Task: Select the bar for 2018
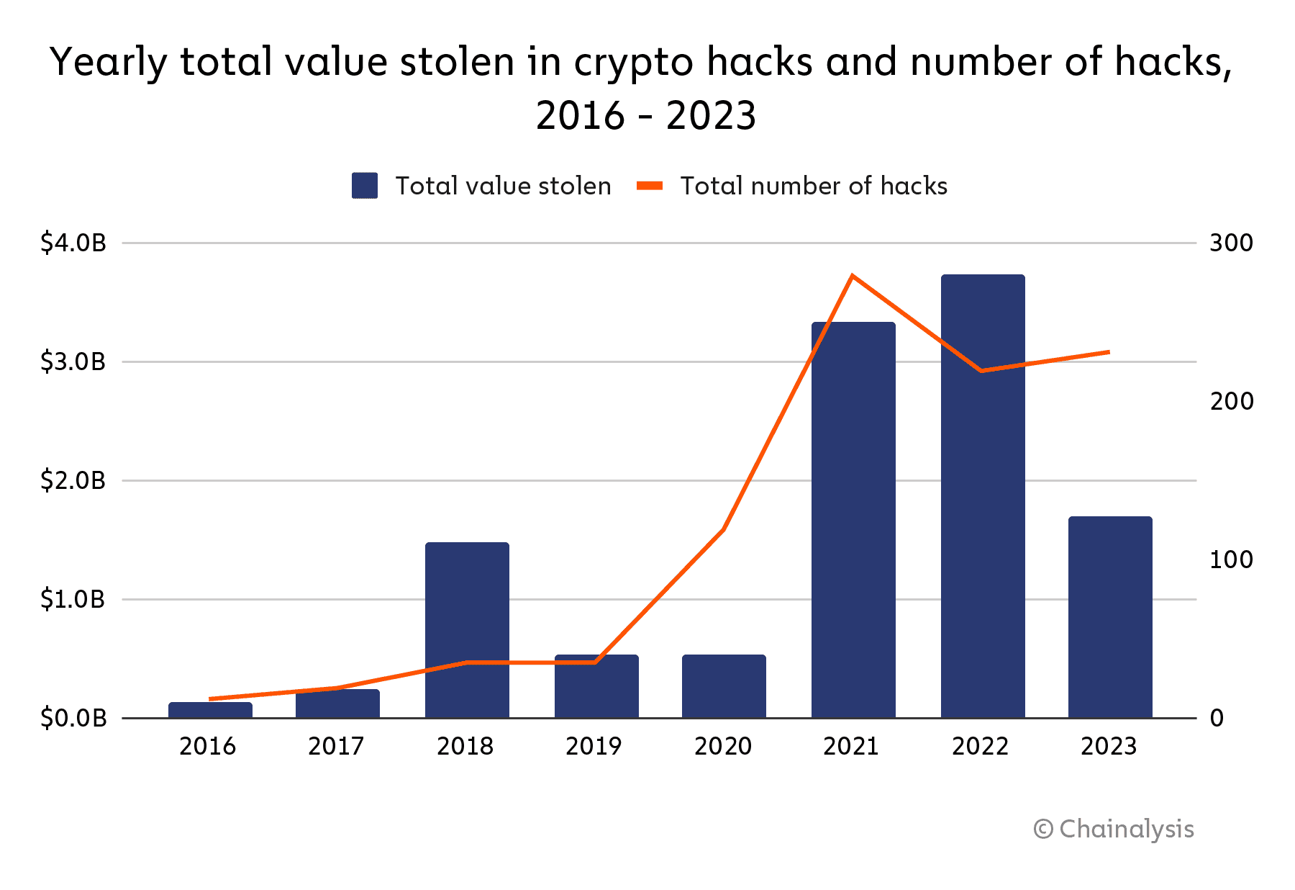pyautogui.click(x=467, y=630)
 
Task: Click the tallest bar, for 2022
pyautogui.click(x=983, y=496)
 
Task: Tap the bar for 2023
pyautogui.click(x=1110, y=617)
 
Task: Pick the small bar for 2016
pyautogui.click(x=210, y=710)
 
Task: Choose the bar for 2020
pyautogui.click(x=724, y=686)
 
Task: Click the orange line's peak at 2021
pyautogui.click(x=852, y=276)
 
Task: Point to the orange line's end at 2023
pyautogui.click(x=1109, y=352)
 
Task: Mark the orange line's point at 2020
pyautogui.click(x=723, y=530)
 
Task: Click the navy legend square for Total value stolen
pyautogui.click(x=365, y=186)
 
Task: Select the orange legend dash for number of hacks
pyautogui.click(x=650, y=186)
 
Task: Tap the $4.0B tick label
pyautogui.click(x=73, y=243)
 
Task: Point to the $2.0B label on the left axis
pyautogui.click(x=73, y=480)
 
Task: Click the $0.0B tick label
pyautogui.click(x=73, y=718)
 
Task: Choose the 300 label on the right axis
pyautogui.click(x=1231, y=243)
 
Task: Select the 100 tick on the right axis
pyautogui.click(x=1231, y=559)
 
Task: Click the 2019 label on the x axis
pyautogui.click(x=594, y=746)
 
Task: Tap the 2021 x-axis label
pyautogui.click(x=851, y=746)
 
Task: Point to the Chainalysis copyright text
pyautogui.click(x=1114, y=829)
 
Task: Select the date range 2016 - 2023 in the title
pyautogui.click(x=646, y=115)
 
